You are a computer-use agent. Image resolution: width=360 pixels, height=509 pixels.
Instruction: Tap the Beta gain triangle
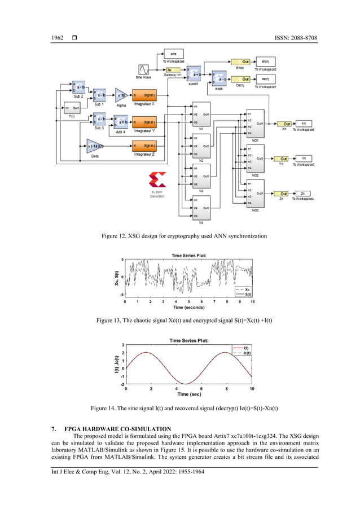coord(95,146)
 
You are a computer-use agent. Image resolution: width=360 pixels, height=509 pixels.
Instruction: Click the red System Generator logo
coord(157,181)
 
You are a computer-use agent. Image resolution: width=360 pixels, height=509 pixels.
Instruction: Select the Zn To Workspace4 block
coord(303,194)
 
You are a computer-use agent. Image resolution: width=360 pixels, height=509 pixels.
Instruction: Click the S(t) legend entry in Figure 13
coord(247,294)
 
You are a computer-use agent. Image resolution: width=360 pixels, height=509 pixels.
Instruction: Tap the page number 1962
coord(58,38)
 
